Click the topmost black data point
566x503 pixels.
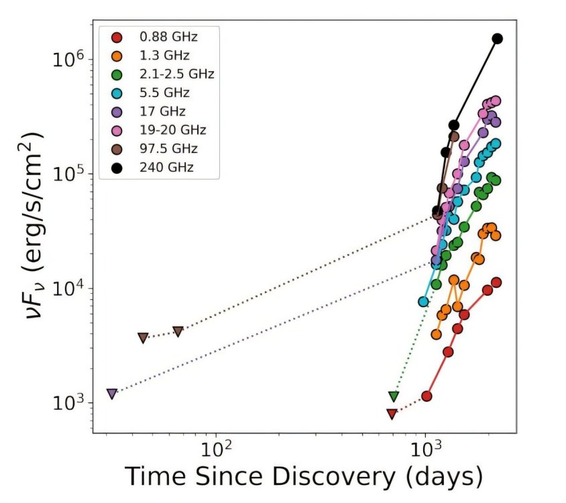498,39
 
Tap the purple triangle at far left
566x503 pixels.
111,394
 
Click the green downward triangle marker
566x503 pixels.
394,396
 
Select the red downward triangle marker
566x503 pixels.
392,414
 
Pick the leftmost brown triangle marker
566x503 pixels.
143,337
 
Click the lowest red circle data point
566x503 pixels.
426,396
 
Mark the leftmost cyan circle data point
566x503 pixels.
423,302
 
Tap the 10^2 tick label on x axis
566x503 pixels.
216,445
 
